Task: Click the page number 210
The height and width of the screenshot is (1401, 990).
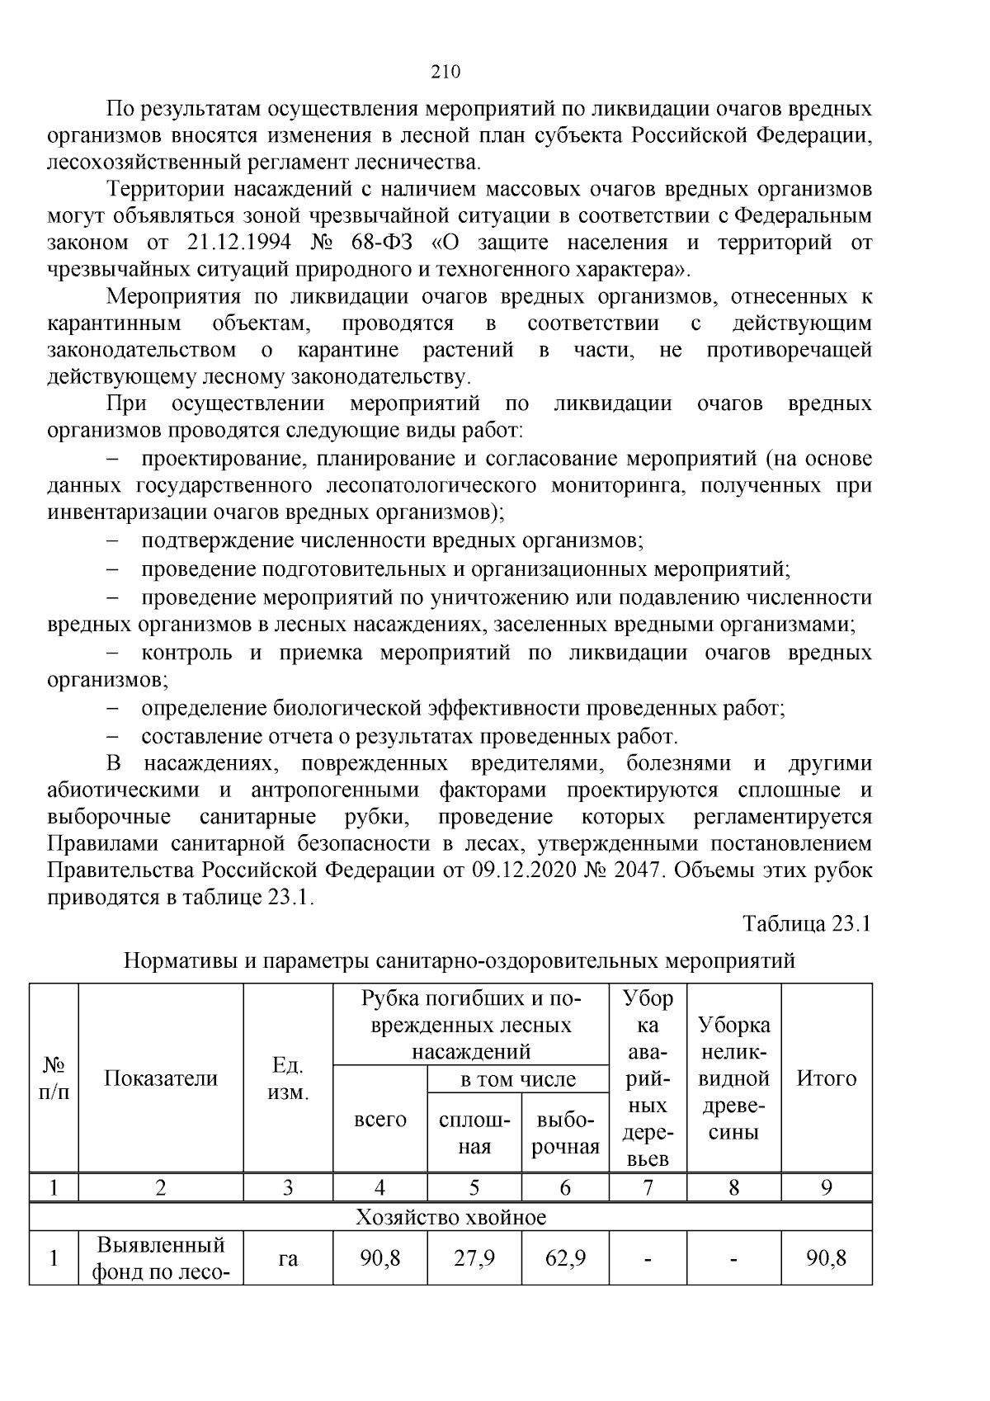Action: click(x=445, y=72)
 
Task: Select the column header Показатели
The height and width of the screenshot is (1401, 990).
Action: click(x=161, y=1078)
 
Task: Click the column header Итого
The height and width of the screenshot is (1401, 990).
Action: click(x=826, y=1078)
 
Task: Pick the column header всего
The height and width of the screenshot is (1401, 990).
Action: click(x=379, y=1120)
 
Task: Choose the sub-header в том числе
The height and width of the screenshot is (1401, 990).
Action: click(x=517, y=1079)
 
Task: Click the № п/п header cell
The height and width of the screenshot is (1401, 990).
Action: click(x=54, y=1078)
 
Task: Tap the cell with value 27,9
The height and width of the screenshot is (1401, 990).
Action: click(x=474, y=1259)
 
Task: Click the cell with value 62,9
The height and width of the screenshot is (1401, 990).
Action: click(x=565, y=1259)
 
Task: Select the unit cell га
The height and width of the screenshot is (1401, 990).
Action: click(x=288, y=1259)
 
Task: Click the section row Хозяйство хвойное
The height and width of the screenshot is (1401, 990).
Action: click(x=450, y=1217)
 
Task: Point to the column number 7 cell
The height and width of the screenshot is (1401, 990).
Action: click(x=648, y=1188)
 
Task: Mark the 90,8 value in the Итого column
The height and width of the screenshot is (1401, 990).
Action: click(x=826, y=1259)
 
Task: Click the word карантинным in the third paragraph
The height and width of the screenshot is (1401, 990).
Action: click(x=113, y=323)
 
